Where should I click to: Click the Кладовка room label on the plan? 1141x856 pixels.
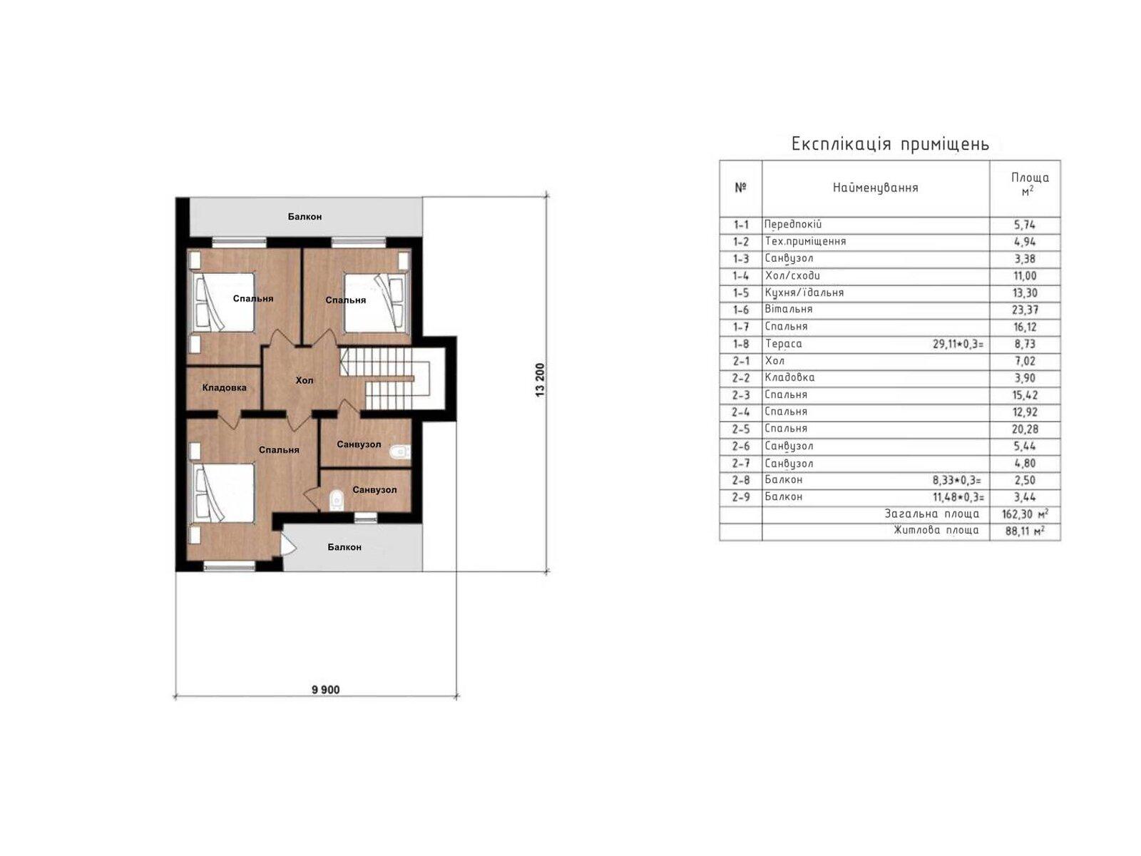click(x=224, y=388)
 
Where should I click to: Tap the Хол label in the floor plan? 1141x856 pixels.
click(x=305, y=380)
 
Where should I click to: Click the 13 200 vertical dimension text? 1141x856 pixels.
click(x=540, y=380)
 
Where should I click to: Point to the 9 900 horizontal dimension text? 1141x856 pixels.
click(x=325, y=690)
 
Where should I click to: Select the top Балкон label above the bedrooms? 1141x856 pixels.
click(x=305, y=216)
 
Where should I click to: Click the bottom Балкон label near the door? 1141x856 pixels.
click(x=344, y=547)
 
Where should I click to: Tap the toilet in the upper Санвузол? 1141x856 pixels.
click(x=399, y=451)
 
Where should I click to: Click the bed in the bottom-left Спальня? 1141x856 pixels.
click(x=223, y=493)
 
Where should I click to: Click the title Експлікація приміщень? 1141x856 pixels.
click(x=890, y=144)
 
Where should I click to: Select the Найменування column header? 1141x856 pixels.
click(x=875, y=188)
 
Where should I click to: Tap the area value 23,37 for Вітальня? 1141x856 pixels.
click(x=1025, y=310)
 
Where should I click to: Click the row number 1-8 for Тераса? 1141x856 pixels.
click(x=740, y=344)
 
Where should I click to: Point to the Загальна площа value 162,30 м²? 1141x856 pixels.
click(x=1025, y=514)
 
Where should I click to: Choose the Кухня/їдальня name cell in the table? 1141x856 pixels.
click(x=804, y=292)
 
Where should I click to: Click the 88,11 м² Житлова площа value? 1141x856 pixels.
click(x=1025, y=531)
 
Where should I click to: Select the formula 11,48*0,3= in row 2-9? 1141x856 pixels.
click(x=958, y=497)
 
